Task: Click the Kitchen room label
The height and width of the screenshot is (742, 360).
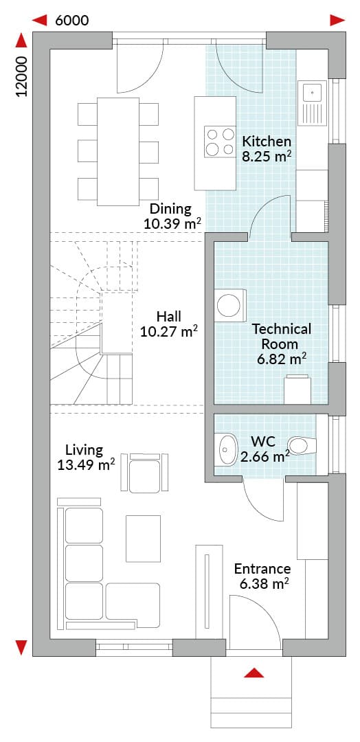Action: pyautogui.click(x=267, y=141)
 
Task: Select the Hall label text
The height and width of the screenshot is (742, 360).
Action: pyautogui.click(x=170, y=316)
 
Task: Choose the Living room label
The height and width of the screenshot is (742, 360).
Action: pyautogui.click(x=85, y=449)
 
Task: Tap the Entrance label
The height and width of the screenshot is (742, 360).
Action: pyautogui.click(x=262, y=568)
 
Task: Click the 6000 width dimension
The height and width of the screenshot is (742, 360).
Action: pyautogui.click(x=72, y=20)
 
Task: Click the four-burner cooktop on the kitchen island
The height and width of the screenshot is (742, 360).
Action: pyautogui.click(x=219, y=142)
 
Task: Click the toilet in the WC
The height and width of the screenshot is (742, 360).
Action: pyautogui.click(x=302, y=445)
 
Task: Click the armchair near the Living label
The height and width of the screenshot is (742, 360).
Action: pyautogui.click(x=144, y=472)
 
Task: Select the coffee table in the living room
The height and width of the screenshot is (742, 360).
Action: pyautogui.click(x=143, y=538)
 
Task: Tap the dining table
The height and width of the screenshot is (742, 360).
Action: pyautogui.click(x=118, y=151)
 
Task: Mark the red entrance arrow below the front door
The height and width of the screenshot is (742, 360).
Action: pyautogui.click(x=254, y=673)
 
